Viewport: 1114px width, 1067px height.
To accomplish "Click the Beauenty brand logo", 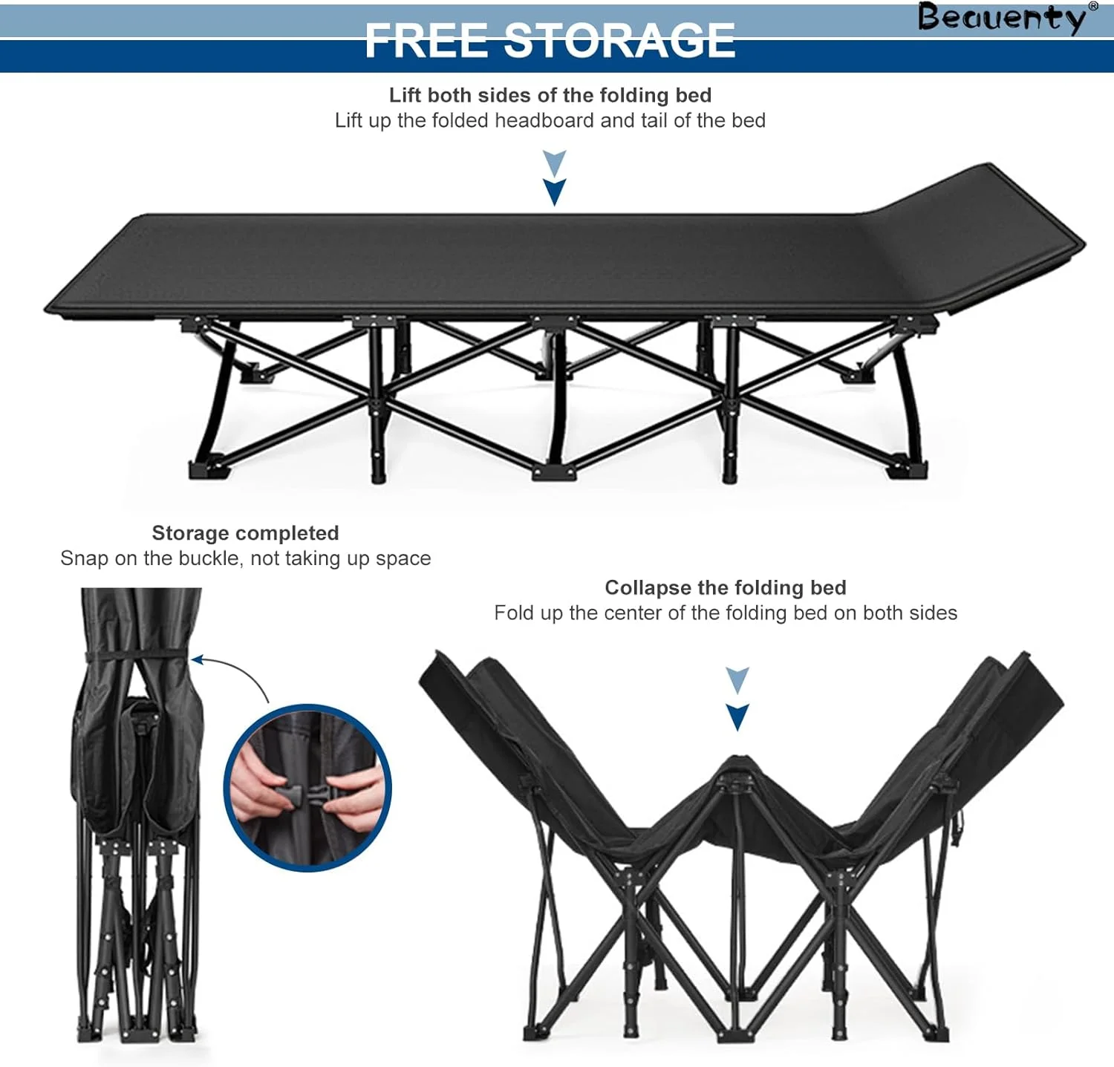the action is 1002,18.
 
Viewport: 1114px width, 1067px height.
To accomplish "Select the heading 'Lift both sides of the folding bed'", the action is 550,95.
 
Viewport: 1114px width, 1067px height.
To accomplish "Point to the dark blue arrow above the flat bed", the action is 555,192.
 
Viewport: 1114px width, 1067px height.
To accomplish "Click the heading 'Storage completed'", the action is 245,533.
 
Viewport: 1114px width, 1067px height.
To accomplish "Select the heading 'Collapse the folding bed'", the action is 726,587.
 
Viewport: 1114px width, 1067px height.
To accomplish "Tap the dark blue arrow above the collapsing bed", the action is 737,717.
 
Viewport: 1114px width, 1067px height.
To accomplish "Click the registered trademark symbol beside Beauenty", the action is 1092,6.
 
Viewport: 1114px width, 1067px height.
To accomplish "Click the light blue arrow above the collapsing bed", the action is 737,679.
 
